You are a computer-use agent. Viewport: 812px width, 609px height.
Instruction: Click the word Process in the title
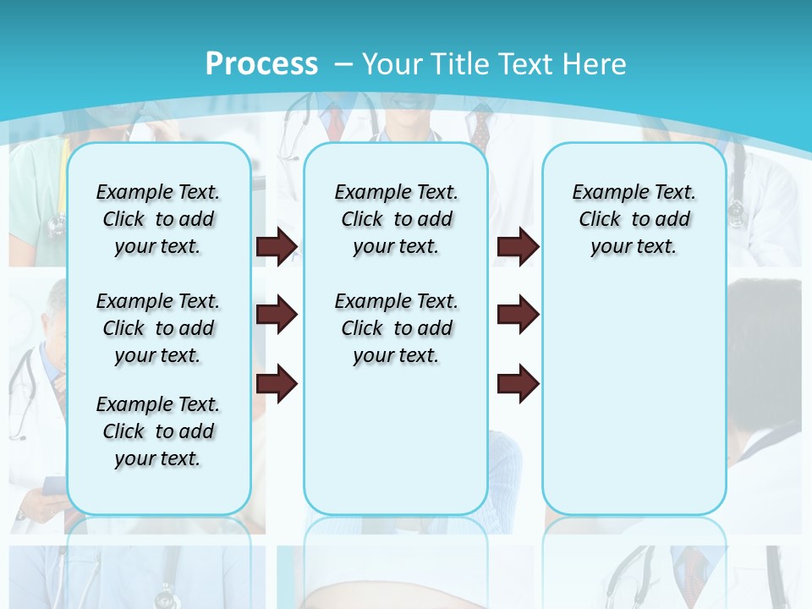click(261, 63)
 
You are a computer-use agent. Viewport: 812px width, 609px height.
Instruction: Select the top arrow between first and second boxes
click(277, 246)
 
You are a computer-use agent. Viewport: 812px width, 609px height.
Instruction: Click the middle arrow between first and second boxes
click(277, 315)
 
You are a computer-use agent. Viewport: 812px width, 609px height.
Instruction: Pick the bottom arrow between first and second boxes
click(277, 384)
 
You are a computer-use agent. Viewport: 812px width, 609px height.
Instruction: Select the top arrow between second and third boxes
click(518, 246)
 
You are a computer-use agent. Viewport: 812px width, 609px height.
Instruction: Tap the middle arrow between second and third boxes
click(518, 315)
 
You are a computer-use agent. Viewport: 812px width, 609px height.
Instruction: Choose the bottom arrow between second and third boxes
click(518, 384)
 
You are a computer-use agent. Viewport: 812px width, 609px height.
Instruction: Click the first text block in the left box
click(158, 219)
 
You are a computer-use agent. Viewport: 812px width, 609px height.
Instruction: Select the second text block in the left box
click(158, 328)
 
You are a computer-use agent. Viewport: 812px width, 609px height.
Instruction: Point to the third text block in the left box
click(158, 431)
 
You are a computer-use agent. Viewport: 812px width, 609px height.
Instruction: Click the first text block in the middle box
click(397, 219)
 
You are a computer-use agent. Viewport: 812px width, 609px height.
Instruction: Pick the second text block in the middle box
click(397, 328)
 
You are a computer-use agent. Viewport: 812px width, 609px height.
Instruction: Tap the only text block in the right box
click(634, 219)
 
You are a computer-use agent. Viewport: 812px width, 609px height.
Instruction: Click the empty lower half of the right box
click(634, 406)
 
